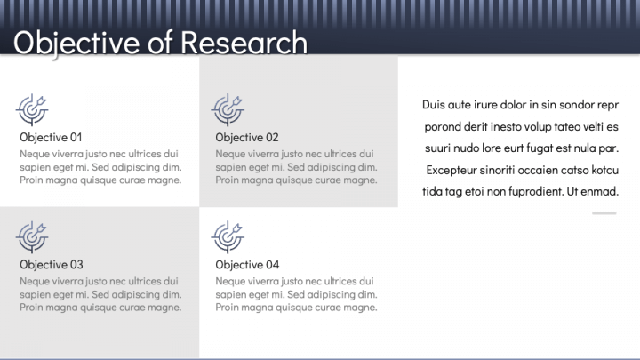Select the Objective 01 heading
(51, 137)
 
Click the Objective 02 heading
(247, 137)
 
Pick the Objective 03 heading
(52, 264)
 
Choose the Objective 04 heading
(247, 264)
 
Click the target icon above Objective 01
(32, 109)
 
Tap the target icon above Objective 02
(228, 109)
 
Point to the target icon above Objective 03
(32, 236)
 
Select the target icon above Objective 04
(228, 236)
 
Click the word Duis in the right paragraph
(434, 105)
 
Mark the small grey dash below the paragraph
(604, 213)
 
